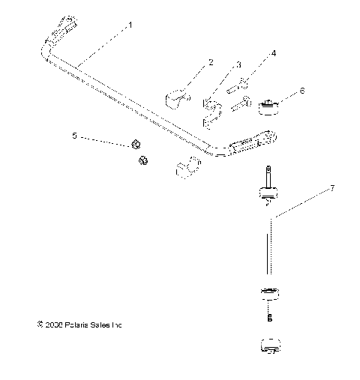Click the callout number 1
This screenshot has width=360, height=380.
coord(131,25)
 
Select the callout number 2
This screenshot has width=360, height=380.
coord(211,61)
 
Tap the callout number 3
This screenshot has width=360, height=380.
coord(238,65)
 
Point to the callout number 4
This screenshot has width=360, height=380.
coord(274,53)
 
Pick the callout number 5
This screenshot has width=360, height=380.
coord(74,136)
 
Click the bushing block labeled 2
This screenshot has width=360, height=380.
coord(176,97)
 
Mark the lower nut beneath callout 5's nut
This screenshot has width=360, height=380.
coord(142,160)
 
